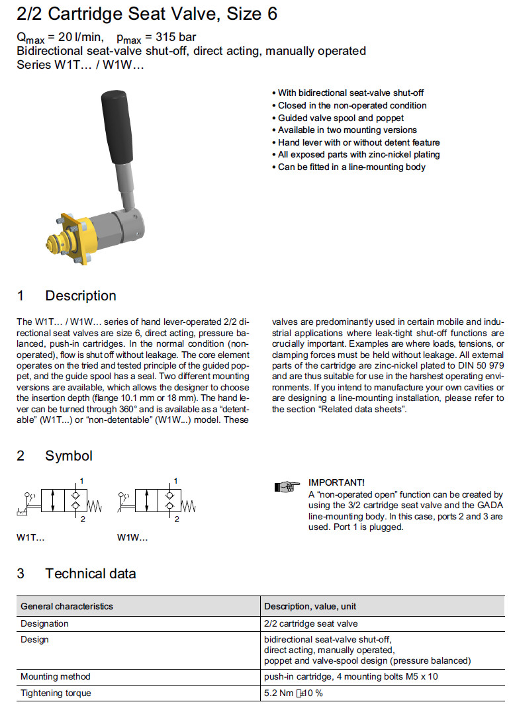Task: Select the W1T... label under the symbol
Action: point(30,537)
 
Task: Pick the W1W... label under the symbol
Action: point(132,537)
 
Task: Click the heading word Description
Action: point(81,296)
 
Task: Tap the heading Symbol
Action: point(69,456)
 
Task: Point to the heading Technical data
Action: point(91,573)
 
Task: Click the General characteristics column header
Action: point(67,606)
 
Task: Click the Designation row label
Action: point(44,623)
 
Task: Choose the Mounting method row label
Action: point(56,676)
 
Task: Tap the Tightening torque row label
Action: point(56,693)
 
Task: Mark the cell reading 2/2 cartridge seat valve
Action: point(310,623)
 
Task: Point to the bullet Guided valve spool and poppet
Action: point(341,118)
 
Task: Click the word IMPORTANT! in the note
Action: point(336,482)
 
